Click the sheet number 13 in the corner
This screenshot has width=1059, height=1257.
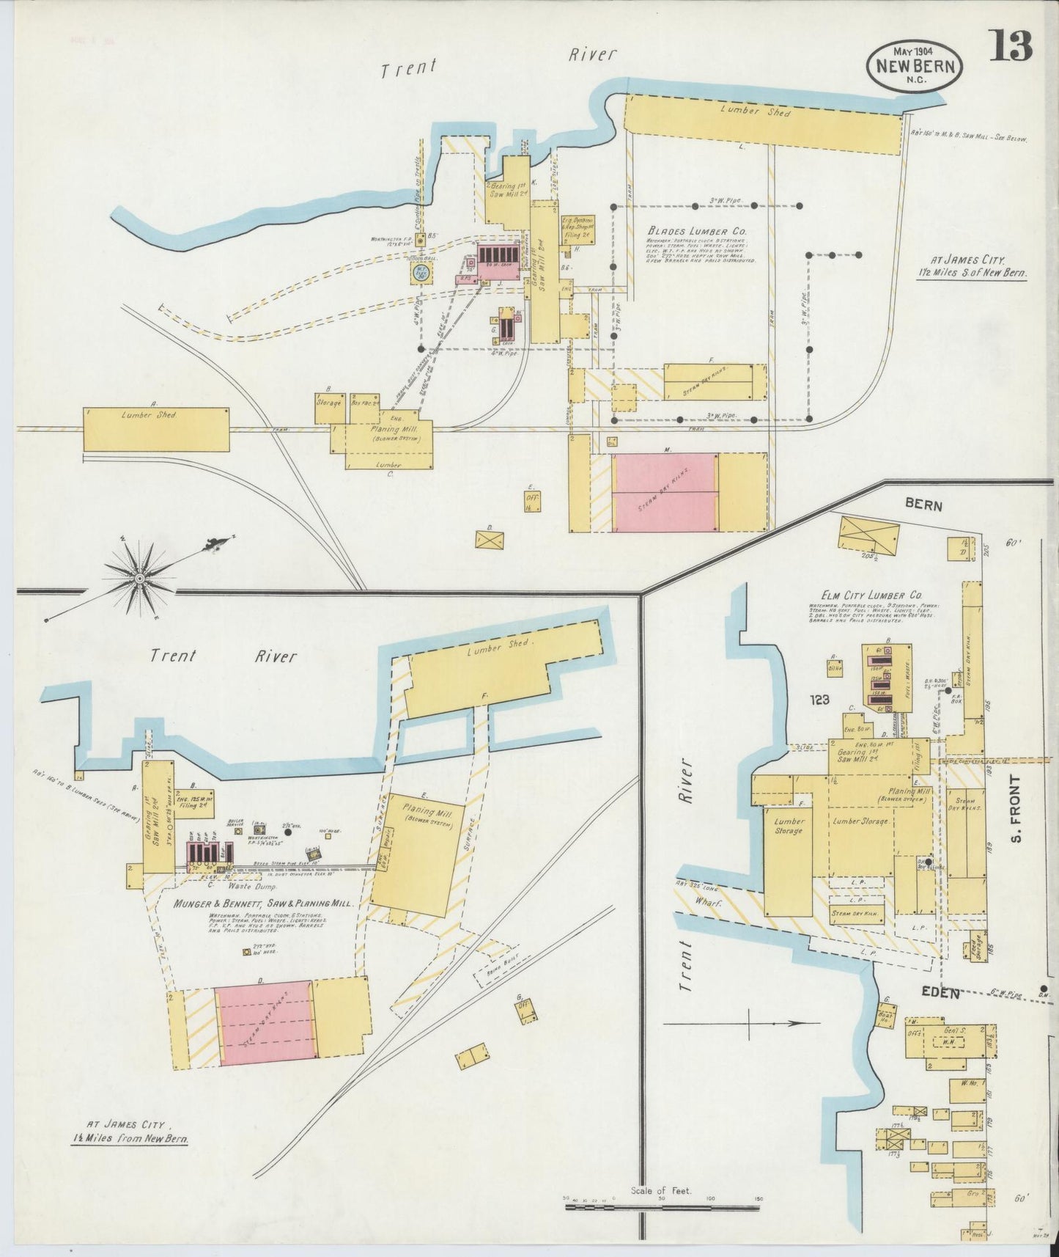point(1012,47)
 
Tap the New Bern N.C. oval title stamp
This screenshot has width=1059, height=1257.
point(915,66)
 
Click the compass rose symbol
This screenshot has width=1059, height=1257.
point(139,578)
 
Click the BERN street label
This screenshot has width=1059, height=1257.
point(923,506)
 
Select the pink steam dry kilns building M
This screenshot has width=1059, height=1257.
point(665,491)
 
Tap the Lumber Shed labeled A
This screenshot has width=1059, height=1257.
point(156,429)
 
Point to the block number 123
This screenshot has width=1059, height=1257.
point(819,700)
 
